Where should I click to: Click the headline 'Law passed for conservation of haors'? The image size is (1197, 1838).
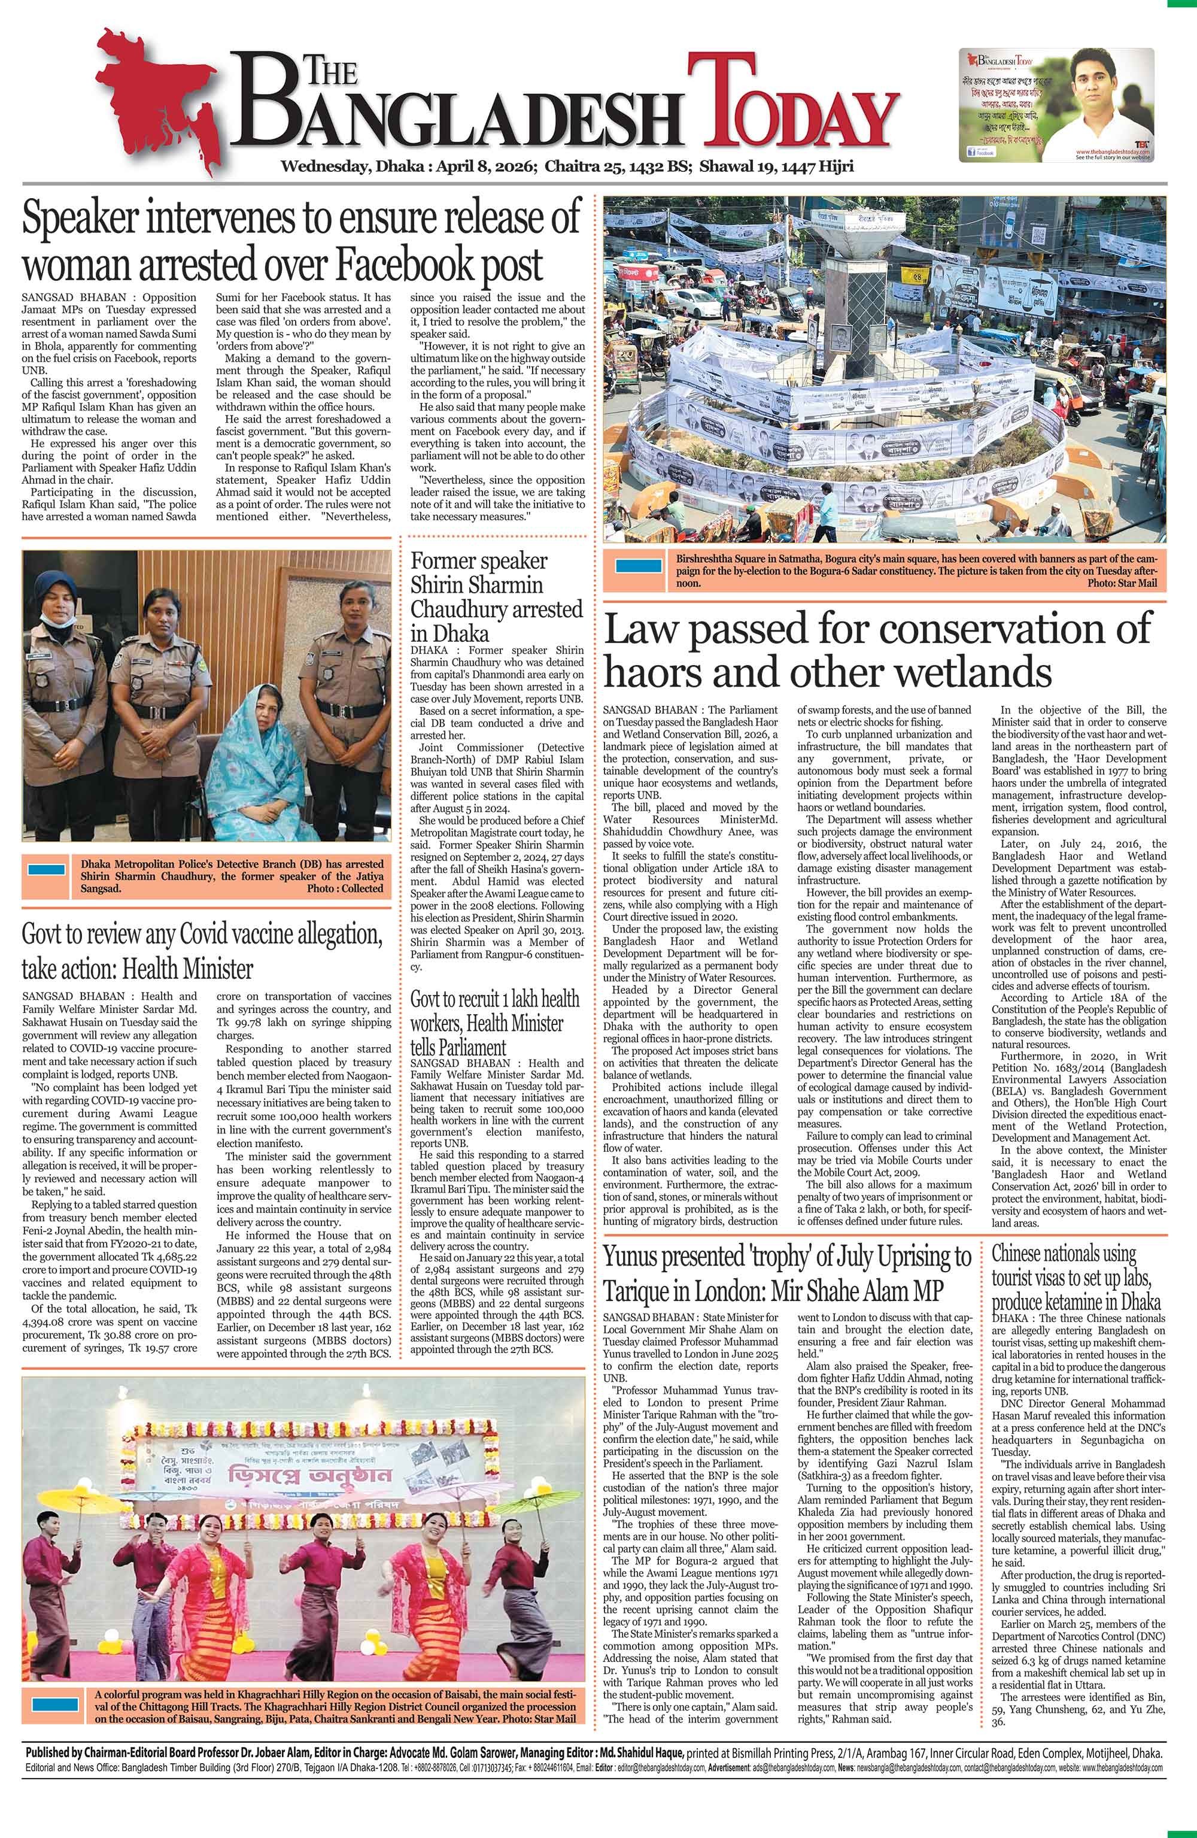point(877,650)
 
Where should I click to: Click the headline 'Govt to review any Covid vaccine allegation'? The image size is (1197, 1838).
point(202,950)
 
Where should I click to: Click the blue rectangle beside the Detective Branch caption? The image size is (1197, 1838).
point(46,869)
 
